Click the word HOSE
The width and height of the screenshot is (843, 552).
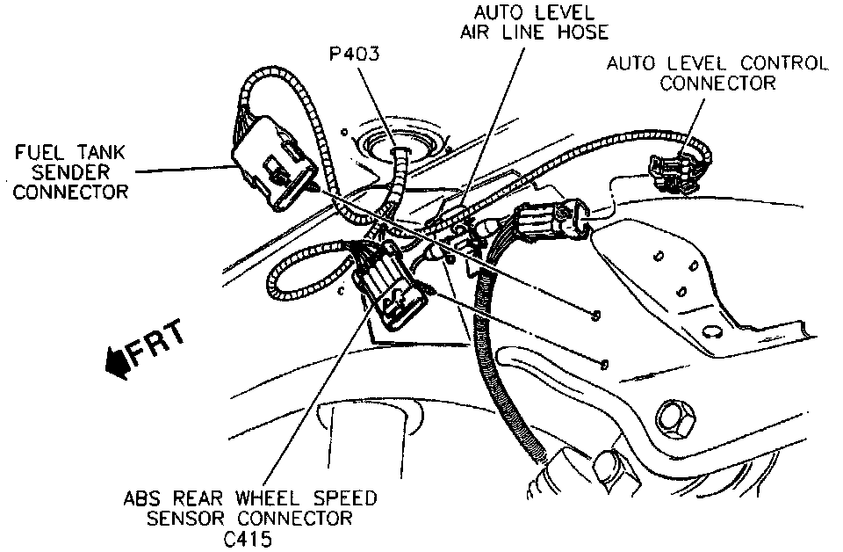[578, 32]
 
